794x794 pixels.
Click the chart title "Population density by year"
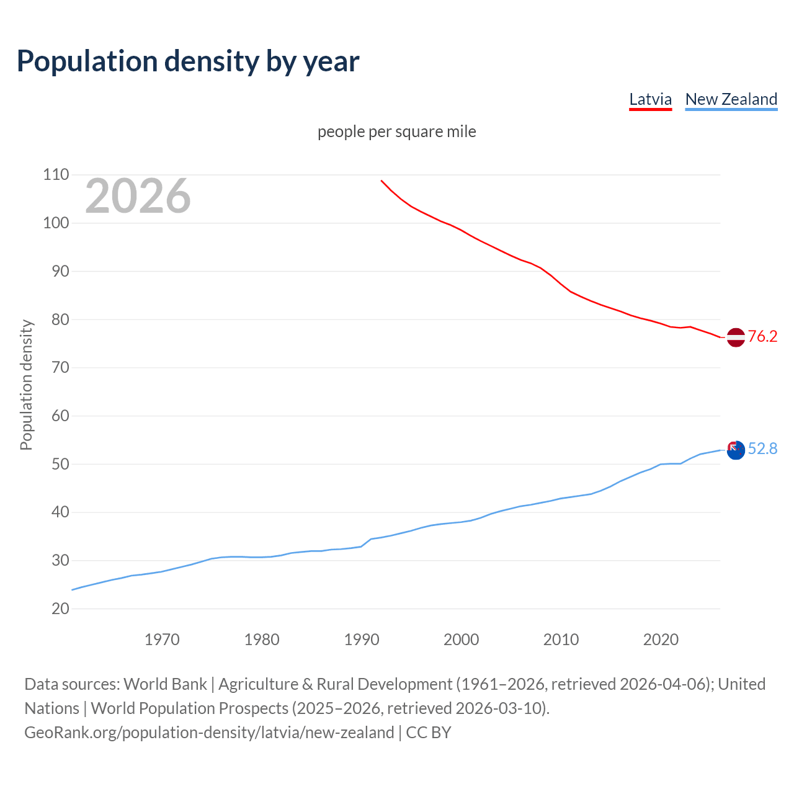pyautogui.click(x=188, y=61)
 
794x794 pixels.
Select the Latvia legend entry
pyautogui.click(x=650, y=99)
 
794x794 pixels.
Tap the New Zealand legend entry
pyautogui.click(x=731, y=99)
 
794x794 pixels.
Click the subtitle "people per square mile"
pyautogui.click(x=396, y=132)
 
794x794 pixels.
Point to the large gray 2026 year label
pyautogui.click(x=138, y=196)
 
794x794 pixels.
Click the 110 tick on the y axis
pyautogui.click(x=56, y=175)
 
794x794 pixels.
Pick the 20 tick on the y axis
pyautogui.click(x=60, y=609)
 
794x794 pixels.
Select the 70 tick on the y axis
pyautogui.click(x=60, y=367)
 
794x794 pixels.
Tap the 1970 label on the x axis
pyautogui.click(x=162, y=640)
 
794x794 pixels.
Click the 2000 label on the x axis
pyautogui.click(x=461, y=640)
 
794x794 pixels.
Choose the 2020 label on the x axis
pyautogui.click(x=661, y=640)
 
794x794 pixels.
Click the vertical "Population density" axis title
pyautogui.click(x=26, y=385)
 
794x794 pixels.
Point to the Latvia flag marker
pyautogui.click(x=735, y=337)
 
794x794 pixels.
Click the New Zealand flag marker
pyautogui.click(x=735, y=450)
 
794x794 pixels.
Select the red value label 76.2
pyautogui.click(x=762, y=336)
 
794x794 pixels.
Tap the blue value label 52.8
pyautogui.click(x=762, y=448)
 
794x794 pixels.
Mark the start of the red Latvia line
pyautogui.click(x=381, y=181)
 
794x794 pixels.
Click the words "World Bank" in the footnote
pyautogui.click(x=165, y=684)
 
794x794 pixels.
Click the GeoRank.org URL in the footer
pyautogui.click(x=209, y=733)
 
